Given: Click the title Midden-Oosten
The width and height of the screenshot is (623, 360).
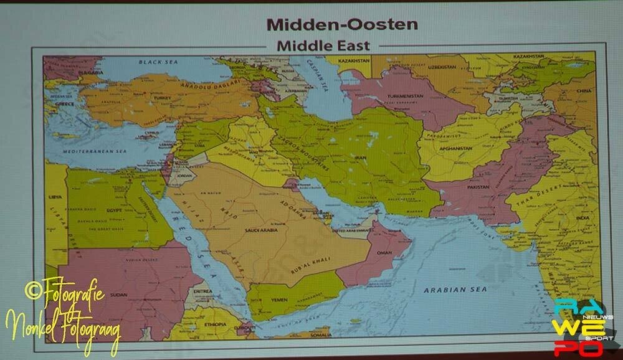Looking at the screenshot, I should click(x=342, y=25).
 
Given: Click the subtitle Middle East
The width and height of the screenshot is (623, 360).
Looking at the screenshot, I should click(x=323, y=45).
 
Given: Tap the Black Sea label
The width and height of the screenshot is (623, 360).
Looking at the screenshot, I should click(x=158, y=62).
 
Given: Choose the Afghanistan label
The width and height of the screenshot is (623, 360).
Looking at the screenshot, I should click(x=455, y=149).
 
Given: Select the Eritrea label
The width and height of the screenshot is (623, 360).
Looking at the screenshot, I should click(x=203, y=290).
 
